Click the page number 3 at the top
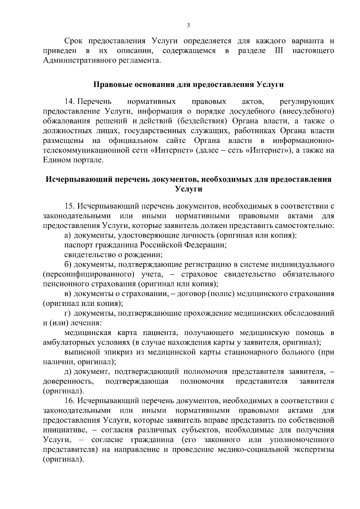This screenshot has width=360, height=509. (188, 25)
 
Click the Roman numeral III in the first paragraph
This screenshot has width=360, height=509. (279, 51)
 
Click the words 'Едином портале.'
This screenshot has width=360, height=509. (73, 160)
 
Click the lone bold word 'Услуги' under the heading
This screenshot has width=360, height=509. (188, 189)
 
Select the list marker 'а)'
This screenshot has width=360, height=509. (68, 235)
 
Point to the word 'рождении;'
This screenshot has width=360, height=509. (147, 255)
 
